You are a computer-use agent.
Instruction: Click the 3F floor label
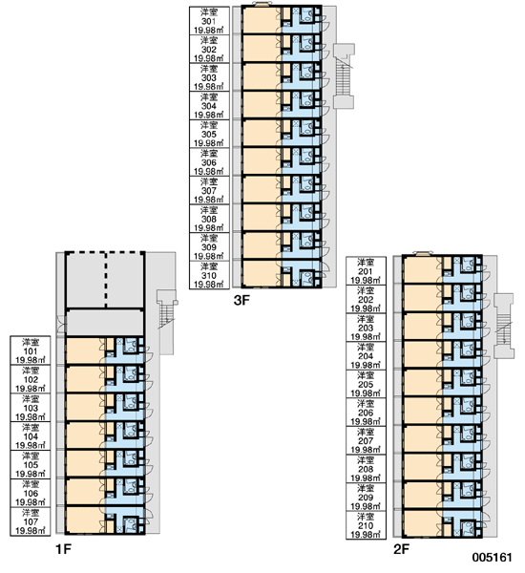point(241,301)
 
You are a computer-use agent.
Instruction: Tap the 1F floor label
point(63,549)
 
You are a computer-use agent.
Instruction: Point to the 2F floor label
point(401,549)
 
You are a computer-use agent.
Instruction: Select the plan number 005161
point(492,558)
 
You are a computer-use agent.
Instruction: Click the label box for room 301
point(209,21)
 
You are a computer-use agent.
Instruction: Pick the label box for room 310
point(209,275)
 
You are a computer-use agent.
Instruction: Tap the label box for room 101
point(31,350)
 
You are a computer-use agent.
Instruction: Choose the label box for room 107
point(31,521)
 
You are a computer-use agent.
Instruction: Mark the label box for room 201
point(367,271)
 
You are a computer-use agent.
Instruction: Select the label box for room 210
point(367,525)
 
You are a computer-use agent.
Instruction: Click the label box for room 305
point(209,134)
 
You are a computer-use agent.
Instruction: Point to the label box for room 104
point(31,436)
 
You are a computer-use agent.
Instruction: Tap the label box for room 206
point(367,413)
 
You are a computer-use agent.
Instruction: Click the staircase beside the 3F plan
point(344,76)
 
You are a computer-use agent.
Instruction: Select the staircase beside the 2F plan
point(504,326)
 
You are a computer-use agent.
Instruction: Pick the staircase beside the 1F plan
point(166,322)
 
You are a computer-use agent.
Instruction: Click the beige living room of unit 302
point(262,49)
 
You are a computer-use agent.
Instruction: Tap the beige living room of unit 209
point(422,495)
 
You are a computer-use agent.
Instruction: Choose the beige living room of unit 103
point(85,407)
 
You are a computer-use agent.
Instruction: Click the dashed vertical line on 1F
point(106,280)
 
